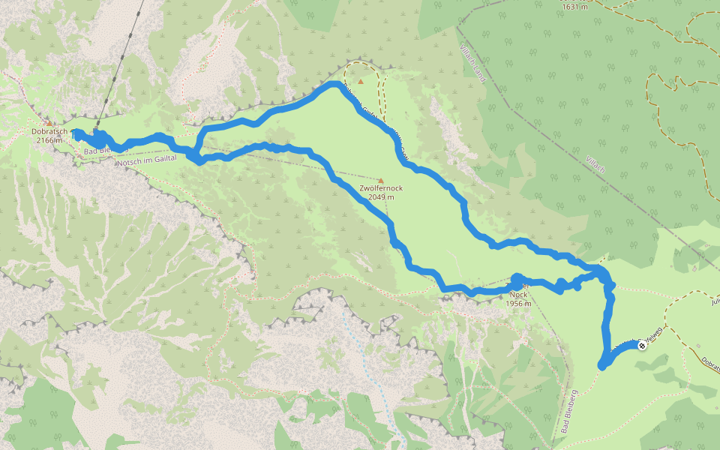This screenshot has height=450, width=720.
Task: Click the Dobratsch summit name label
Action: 49,132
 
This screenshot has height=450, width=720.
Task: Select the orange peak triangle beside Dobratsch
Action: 48,122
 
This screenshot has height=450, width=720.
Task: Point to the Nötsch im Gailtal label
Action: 146,158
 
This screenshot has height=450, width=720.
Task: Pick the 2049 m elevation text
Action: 382,197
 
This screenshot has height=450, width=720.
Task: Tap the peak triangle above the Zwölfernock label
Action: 381,180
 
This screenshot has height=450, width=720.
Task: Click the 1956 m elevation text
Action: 518,303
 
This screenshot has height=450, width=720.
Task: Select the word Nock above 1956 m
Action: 519,294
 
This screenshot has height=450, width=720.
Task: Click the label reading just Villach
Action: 592,160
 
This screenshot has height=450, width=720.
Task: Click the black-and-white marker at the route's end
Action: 642,346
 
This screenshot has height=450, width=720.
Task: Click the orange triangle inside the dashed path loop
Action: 361,82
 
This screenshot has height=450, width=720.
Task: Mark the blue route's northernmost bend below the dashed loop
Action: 332,85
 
